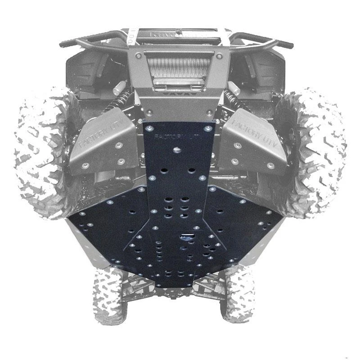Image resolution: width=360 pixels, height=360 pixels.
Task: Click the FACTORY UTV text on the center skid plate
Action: tap(176, 136)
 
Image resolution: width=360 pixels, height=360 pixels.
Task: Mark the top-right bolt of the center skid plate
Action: tap(207, 128)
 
